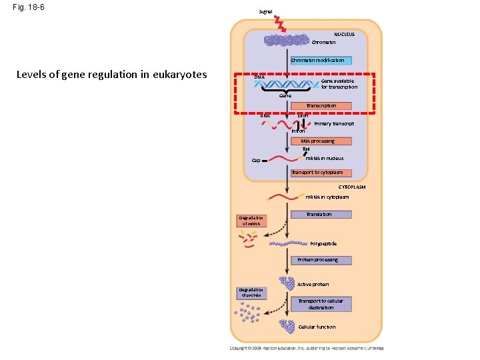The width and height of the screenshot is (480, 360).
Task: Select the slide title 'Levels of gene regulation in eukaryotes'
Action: coord(111,74)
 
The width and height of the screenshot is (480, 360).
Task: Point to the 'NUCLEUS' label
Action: coord(344,33)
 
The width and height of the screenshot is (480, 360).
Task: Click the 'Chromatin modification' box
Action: coord(317,61)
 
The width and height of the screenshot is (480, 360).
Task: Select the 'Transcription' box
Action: coord(321,105)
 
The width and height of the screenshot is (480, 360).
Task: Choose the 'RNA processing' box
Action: coord(317,141)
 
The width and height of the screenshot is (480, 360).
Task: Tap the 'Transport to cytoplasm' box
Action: coord(317,173)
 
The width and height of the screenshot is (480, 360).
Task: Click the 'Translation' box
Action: coord(319,215)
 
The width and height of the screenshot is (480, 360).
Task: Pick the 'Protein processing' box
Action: coord(317,260)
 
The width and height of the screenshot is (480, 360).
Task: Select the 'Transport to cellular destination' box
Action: coord(321,304)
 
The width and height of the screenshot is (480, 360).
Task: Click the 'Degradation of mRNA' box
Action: coord(251,221)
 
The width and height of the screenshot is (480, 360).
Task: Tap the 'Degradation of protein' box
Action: coord(251,293)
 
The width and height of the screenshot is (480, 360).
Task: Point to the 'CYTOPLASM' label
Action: coord(351,187)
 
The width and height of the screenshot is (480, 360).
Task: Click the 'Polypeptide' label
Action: coord(323,244)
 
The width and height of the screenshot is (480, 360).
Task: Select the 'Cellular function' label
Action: coord(317,327)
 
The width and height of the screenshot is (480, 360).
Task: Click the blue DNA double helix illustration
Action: coord(287,85)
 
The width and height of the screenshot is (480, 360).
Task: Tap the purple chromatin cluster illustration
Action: coord(286,41)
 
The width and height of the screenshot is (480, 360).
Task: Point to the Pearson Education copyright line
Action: coord(306,348)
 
